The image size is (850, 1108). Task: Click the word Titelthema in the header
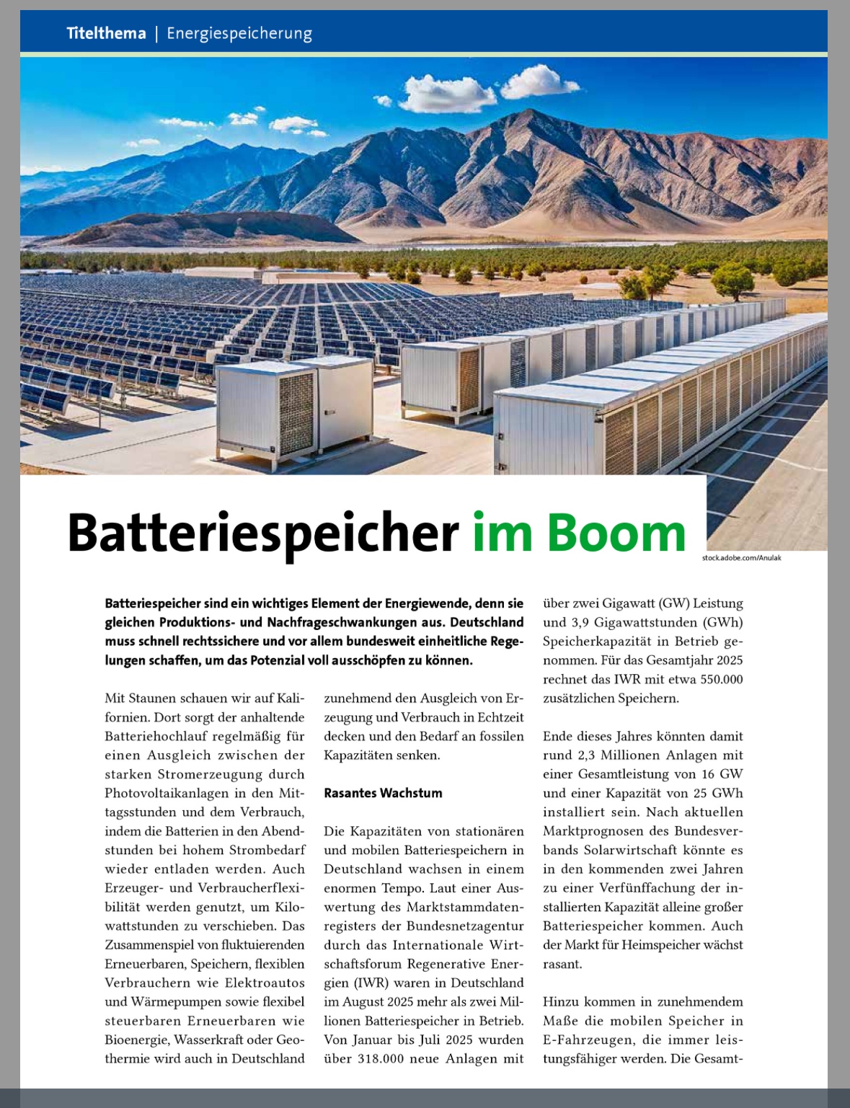106,33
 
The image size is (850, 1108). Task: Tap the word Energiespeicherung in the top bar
239,34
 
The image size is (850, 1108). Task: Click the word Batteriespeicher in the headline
263,533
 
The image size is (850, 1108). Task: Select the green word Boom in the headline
616,533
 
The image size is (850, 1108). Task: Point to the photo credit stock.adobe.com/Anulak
742,558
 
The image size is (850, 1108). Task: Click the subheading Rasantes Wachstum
383,793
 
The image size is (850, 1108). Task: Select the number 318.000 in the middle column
381,1059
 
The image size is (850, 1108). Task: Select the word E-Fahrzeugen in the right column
587,1040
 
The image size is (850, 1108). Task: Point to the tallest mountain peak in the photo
532,111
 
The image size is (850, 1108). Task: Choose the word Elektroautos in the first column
265,983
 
